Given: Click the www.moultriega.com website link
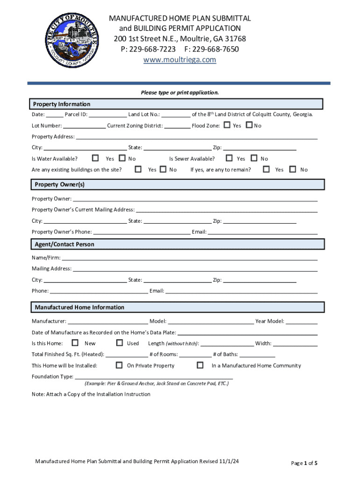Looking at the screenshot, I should pyautogui.click(x=180, y=59).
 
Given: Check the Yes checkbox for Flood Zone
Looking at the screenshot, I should pyautogui.click(x=227, y=125).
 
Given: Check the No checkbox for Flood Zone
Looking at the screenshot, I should pyautogui.click(x=249, y=125).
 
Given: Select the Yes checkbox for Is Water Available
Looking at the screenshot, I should pyautogui.click(x=95, y=158).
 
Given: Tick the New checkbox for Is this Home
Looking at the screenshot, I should pyautogui.click(x=75, y=343).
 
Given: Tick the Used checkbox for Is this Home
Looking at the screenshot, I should pyautogui.click(x=119, y=343).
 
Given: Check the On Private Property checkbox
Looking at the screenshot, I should pyautogui.click(x=119, y=365).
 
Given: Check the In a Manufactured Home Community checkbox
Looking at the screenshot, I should pyautogui.click(x=200, y=365).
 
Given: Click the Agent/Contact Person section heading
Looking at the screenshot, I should pyautogui.click(x=65, y=244).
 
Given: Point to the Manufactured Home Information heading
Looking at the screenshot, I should pyautogui.click(x=79, y=307).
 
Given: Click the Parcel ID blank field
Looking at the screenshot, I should pyautogui.click(x=108, y=115).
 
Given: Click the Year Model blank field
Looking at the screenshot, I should pyautogui.click(x=302, y=321).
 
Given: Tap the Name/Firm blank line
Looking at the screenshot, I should pyautogui.click(x=189, y=258).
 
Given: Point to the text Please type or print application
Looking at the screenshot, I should pyautogui.click(x=180, y=93).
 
